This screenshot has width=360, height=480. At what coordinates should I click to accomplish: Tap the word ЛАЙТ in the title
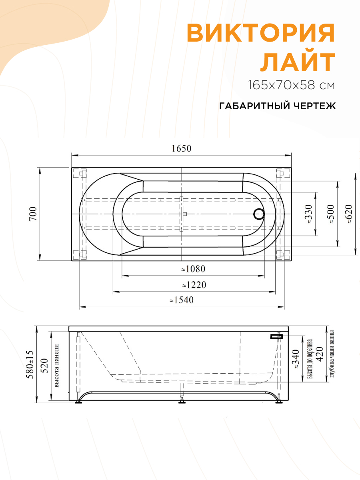[x=298, y=62]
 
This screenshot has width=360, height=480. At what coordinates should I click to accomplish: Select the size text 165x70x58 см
[x=291, y=85]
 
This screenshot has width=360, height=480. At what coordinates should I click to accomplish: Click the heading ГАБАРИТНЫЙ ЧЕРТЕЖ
[x=277, y=106]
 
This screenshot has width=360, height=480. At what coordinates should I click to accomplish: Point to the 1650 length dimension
[x=182, y=148]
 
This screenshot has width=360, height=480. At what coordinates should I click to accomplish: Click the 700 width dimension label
[x=33, y=214]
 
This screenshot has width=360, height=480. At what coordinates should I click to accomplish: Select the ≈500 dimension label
[x=330, y=214]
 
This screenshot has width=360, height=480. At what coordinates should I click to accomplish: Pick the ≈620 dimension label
[x=348, y=214]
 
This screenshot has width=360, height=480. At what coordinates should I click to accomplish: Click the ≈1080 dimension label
[x=194, y=269]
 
